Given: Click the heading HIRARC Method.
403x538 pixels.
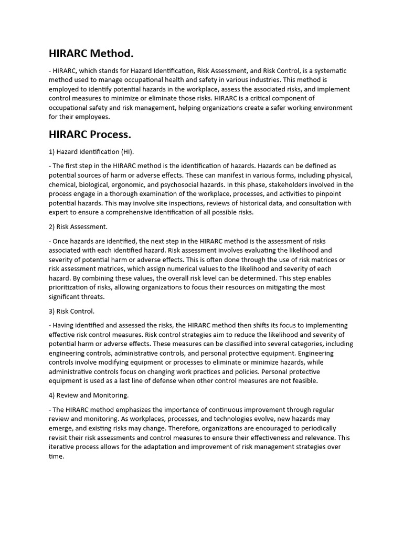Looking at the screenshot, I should (91, 53).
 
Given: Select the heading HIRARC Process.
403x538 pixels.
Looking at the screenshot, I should (90, 134).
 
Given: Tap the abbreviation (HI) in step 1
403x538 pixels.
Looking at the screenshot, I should (128, 152).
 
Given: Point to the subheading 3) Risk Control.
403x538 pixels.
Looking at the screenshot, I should (71, 311).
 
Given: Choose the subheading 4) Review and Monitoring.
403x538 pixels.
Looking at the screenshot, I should (89, 395).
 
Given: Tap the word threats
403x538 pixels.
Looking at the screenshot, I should (92, 297).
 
